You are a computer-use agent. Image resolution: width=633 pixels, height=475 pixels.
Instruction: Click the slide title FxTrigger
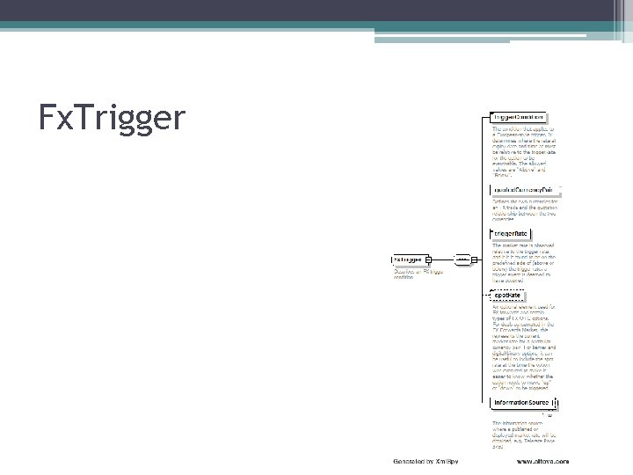tap(113, 116)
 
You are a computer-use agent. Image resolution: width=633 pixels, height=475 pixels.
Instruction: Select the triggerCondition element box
tap(519, 117)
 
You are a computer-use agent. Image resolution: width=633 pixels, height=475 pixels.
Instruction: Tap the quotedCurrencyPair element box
tap(522, 189)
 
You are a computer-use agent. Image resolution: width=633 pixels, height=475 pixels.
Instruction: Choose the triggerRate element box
tap(514, 233)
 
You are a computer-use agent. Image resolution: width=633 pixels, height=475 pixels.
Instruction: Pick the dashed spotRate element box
tap(509, 295)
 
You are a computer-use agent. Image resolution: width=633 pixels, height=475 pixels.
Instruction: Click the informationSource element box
tap(522, 402)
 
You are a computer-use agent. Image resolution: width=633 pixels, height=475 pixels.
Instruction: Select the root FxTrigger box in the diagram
tap(408, 259)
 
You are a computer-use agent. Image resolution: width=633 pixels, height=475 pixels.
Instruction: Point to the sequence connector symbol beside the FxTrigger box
tap(460, 259)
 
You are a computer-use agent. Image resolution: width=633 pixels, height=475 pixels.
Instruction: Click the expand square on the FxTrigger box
tap(428, 259)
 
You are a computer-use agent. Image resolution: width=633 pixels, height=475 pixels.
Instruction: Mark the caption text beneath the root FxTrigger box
tap(418, 274)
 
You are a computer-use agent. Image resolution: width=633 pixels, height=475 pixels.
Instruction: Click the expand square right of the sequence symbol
tap(475, 259)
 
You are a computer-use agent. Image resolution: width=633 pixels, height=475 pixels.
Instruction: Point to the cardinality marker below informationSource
tap(548, 414)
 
